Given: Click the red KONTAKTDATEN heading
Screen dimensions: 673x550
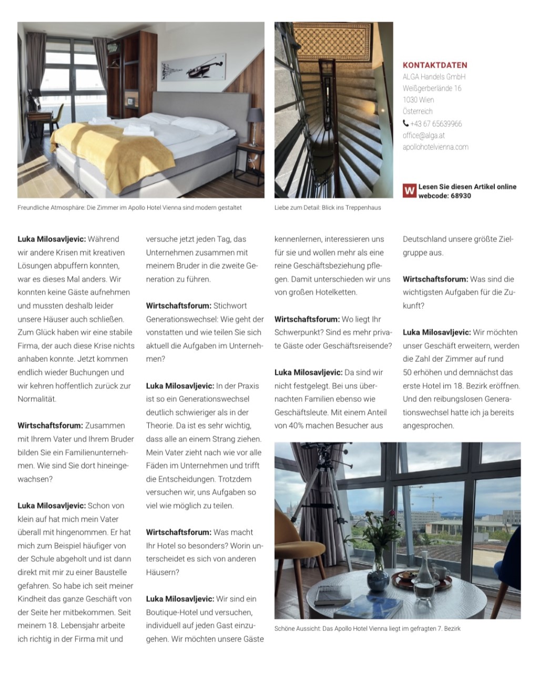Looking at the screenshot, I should pos(435,65).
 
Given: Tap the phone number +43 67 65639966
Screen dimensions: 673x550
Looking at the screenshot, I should pos(436,124).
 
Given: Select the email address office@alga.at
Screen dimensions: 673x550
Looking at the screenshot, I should pos(424,135).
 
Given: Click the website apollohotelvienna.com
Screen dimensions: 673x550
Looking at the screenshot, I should pos(435,147).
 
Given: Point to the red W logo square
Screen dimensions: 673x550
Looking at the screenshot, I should pos(409,190).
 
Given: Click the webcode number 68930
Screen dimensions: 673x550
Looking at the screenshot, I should pos(461,196).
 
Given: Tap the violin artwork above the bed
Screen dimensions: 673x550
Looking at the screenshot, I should pos(193,67).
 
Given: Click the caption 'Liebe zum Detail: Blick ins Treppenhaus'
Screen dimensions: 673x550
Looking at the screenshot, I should pos(328,208).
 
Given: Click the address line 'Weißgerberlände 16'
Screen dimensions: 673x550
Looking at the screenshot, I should pos(432,88).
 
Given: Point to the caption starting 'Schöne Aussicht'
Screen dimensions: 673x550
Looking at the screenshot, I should pos(367,628).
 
